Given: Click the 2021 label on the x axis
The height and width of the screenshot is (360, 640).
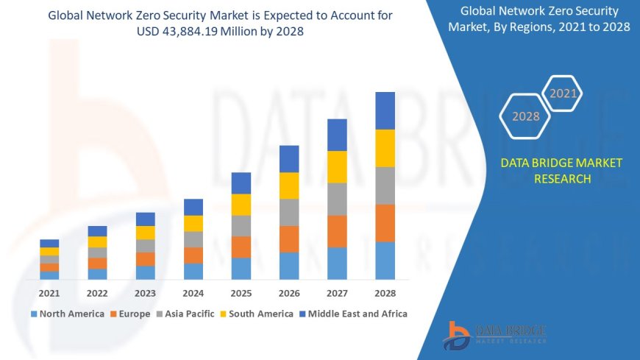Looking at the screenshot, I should tap(49, 292).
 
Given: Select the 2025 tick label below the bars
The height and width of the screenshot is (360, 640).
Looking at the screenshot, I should tap(241, 292).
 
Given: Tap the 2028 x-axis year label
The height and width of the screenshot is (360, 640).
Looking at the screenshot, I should tap(385, 292).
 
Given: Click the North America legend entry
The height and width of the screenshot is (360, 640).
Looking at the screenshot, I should tap(67, 314).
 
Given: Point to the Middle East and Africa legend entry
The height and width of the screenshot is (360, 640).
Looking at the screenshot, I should tap(352, 314).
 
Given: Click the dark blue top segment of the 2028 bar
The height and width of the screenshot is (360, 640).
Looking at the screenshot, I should tap(385, 110).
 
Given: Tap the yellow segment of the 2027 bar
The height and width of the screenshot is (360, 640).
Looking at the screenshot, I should tap(337, 166).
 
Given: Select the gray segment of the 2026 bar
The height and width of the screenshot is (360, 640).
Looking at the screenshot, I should tap(289, 212).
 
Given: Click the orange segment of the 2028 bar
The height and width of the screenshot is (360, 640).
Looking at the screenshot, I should tap(385, 223).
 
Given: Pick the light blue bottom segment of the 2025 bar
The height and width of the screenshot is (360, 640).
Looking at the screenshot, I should tap(241, 268).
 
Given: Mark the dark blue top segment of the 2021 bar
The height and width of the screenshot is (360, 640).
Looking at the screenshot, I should tap(49, 243).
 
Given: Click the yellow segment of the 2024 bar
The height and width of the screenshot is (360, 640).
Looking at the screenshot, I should tap(193, 223).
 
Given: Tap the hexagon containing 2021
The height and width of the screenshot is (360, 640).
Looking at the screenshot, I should tap(563, 93).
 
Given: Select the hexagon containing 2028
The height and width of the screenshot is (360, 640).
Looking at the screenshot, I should tap(526, 116).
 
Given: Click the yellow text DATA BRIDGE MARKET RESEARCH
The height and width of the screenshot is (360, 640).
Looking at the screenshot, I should tap(561, 171).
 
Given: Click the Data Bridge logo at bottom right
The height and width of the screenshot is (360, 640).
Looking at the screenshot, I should tap(494, 335).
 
